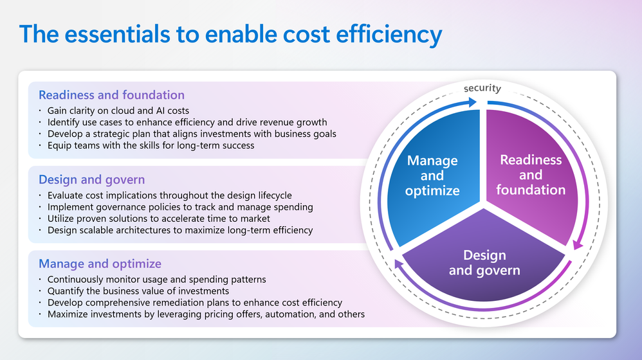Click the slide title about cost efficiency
click(230, 34)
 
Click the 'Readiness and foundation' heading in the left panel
click(111, 95)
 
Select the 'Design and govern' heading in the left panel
click(92, 179)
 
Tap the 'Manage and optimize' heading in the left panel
click(100, 264)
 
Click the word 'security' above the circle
click(482, 88)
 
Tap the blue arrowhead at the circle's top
click(472, 102)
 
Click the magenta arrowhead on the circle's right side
click(577, 245)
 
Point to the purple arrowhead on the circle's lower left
click(398, 264)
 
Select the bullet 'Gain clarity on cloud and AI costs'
click(118, 111)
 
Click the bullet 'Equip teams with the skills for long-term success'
click(151, 146)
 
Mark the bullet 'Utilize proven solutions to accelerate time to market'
click(159, 219)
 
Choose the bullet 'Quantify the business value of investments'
click(138, 291)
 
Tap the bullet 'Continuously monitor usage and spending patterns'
click(157, 280)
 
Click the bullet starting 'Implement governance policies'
click(180, 207)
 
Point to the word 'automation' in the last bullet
click(292, 314)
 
